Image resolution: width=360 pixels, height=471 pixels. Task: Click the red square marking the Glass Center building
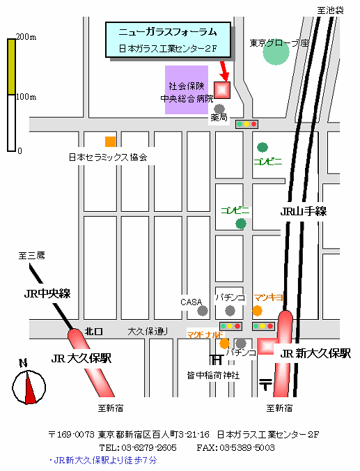(x=222, y=90)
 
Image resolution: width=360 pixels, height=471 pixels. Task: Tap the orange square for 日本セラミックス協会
(x=110, y=141)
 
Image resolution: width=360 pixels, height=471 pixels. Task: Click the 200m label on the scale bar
(x=26, y=37)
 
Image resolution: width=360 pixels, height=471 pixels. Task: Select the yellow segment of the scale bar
(x=11, y=67)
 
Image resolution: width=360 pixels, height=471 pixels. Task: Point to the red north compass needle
(x=30, y=387)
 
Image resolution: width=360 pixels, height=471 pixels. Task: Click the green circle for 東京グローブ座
(x=276, y=52)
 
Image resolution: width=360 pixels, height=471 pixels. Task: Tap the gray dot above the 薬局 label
(x=219, y=109)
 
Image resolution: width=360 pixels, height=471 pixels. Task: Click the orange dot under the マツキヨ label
(x=257, y=311)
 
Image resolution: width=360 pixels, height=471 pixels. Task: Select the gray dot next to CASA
(x=203, y=311)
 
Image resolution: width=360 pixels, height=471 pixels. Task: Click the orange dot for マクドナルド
(x=224, y=343)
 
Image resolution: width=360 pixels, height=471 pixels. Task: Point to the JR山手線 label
(x=304, y=212)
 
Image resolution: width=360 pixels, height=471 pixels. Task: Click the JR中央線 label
(x=47, y=293)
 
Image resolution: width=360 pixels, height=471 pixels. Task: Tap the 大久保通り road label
(x=148, y=332)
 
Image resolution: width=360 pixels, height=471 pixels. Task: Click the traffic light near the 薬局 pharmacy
(x=246, y=124)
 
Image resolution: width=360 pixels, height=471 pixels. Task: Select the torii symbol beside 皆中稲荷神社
(x=217, y=359)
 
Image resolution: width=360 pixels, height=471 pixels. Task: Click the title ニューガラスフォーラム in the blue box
(x=168, y=32)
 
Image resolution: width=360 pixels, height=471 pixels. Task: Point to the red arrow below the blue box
(x=224, y=72)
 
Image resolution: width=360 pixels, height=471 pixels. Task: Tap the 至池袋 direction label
(x=331, y=10)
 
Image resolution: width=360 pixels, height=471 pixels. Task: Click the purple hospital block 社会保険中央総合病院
(x=187, y=90)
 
